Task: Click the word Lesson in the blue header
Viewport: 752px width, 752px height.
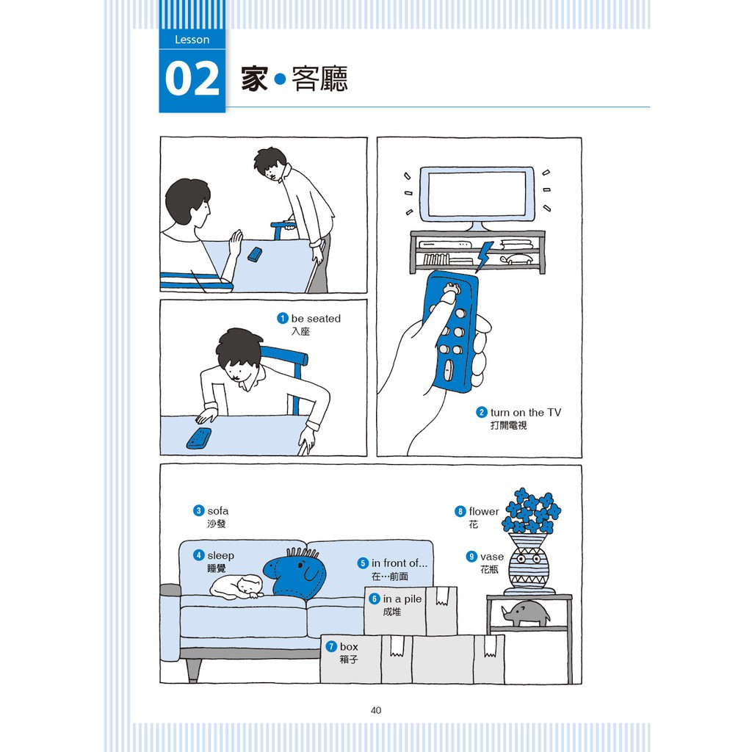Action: pos(192,40)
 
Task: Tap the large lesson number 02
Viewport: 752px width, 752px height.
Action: pos(192,79)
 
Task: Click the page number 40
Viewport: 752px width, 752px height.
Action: pos(376,710)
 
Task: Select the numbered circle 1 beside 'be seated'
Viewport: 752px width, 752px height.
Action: pos(283,318)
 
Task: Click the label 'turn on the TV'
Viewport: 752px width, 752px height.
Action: pos(526,413)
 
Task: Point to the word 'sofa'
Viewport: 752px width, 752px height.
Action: pos(217,511)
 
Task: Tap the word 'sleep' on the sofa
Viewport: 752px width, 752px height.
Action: pos(220,555)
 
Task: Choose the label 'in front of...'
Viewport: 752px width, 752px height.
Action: pos(399,563)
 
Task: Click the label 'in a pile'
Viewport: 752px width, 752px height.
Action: pos(402,599)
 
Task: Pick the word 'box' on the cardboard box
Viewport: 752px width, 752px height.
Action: pos(349,646)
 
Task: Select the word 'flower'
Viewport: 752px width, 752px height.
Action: pos(484,511)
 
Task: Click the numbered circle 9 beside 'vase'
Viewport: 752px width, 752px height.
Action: pos(471,557)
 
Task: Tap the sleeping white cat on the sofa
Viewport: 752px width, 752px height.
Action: pos(237,587)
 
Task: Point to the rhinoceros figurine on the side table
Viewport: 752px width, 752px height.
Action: pos(526,613)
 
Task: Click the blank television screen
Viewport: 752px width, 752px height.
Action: pos(477,194)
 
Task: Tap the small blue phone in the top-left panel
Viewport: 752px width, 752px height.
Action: pos(255,255)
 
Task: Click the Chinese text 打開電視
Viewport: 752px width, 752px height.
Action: pos(508,425)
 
